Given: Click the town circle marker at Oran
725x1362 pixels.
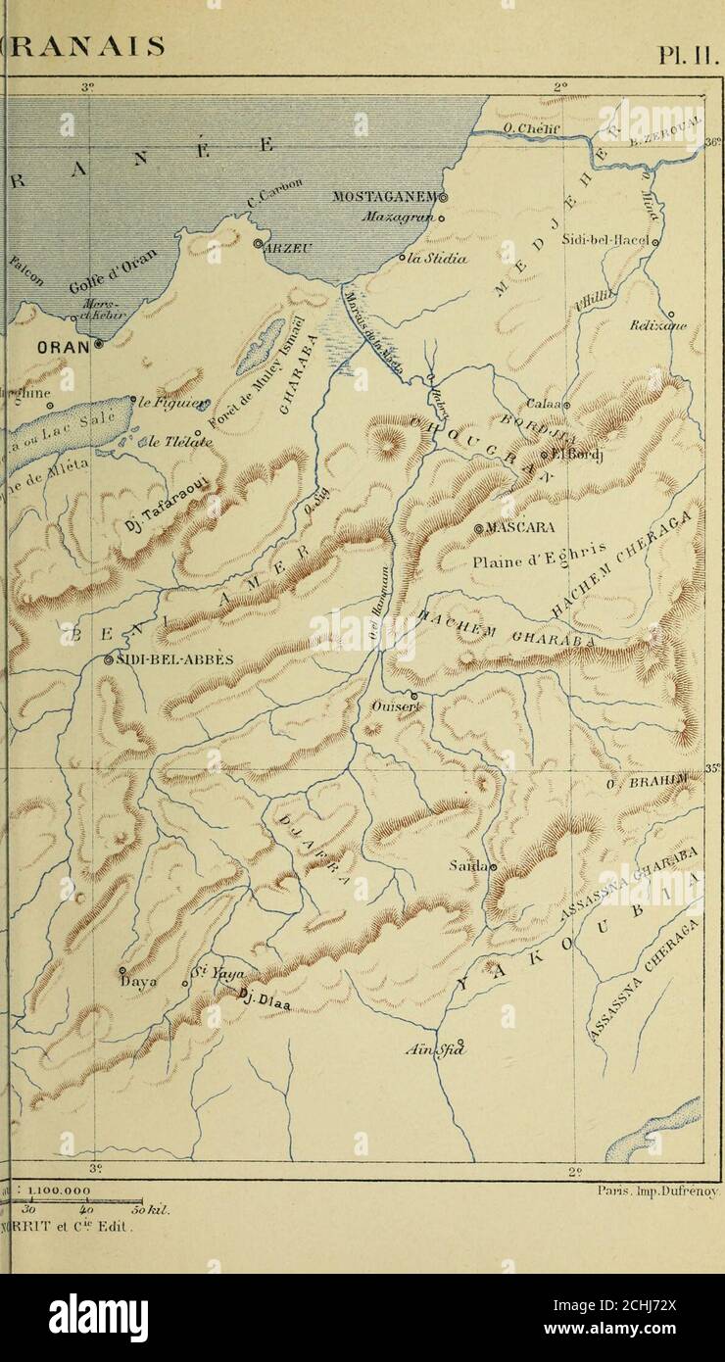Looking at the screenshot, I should click(x=99, y=344).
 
